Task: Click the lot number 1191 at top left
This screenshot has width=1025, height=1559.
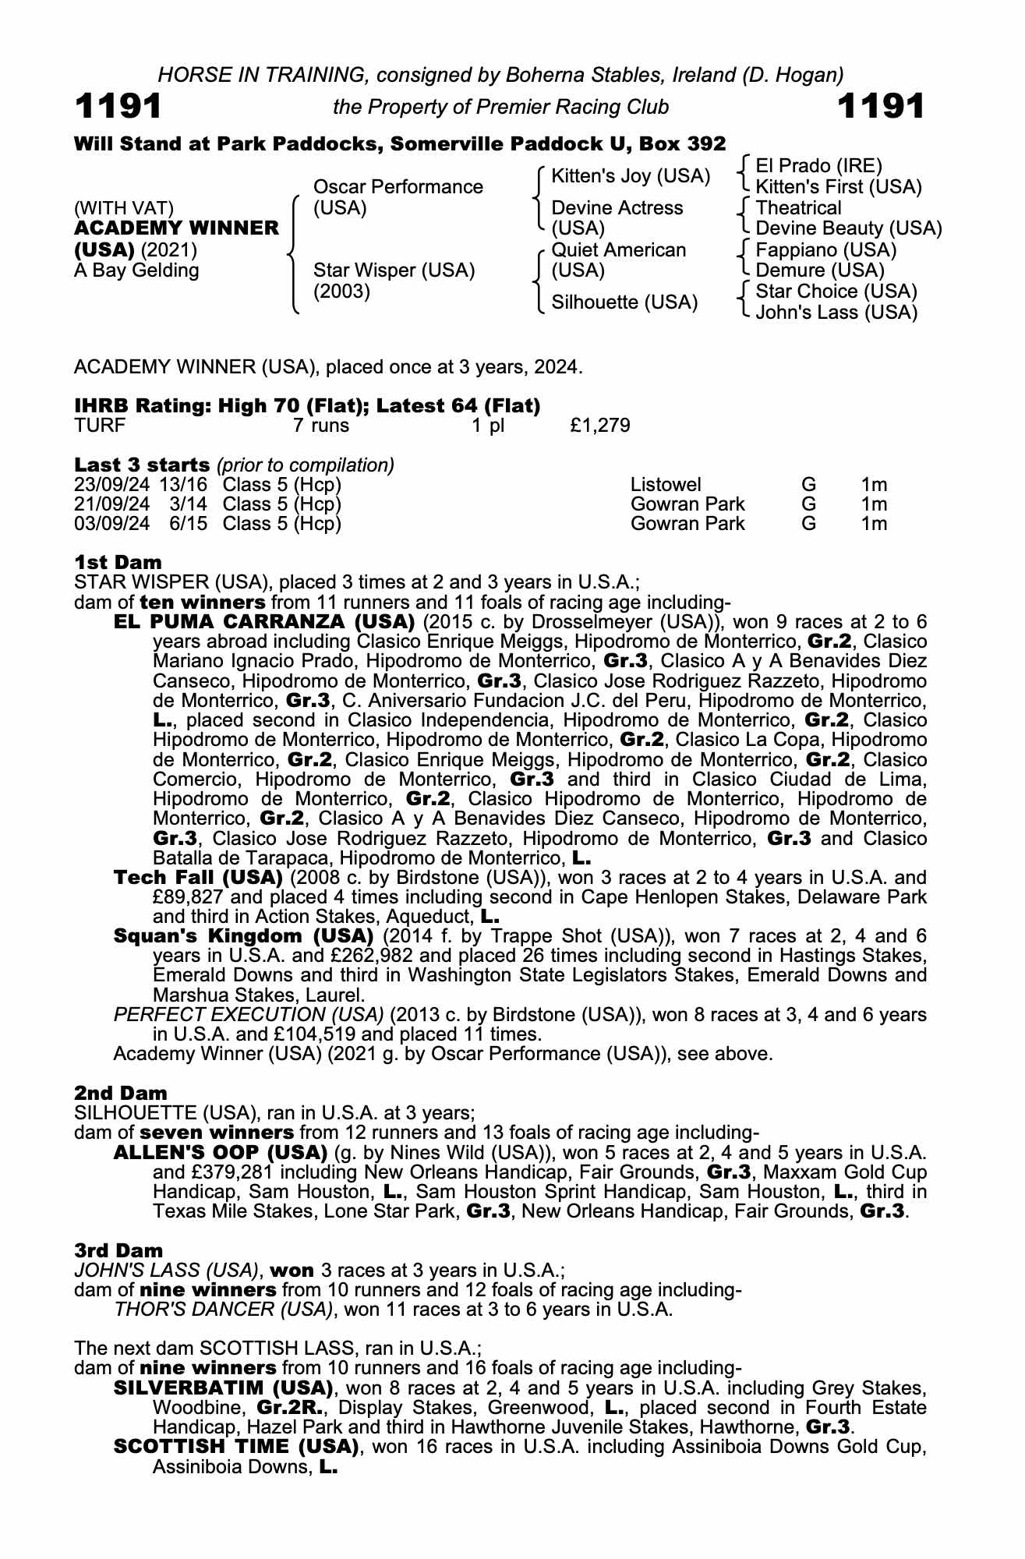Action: point(118,106)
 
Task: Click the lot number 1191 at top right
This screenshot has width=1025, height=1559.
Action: point(880,106)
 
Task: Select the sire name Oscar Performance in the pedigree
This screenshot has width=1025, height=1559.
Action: point(398,187)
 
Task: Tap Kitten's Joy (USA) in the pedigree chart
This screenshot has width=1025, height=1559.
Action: point(631,177)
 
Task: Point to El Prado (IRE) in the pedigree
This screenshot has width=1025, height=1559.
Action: point(818,166)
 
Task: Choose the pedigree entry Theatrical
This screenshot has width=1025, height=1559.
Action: point(798,208)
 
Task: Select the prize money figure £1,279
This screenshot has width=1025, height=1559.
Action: point(600,426)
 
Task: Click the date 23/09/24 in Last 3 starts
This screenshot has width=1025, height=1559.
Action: point(111,485)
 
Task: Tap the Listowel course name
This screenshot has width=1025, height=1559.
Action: point(666,485)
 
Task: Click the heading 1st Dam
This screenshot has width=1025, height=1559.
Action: point(118,562)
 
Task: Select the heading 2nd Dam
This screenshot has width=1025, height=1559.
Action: point(121,1094)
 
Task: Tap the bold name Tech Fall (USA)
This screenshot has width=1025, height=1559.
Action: point(198,878)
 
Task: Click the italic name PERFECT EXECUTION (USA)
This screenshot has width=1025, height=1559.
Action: point(249,1015)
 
